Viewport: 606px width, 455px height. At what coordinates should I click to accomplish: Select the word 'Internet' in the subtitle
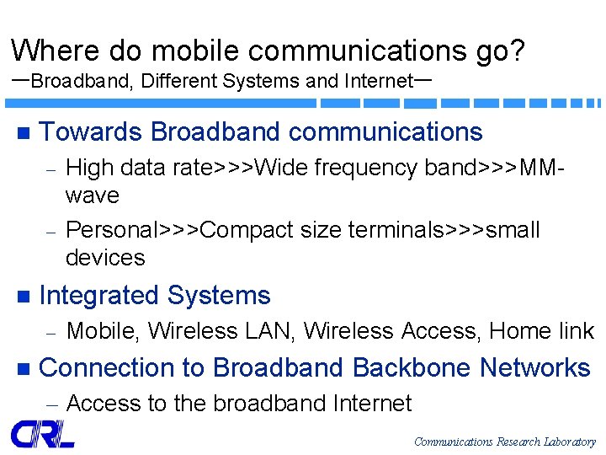(x=378, y=82)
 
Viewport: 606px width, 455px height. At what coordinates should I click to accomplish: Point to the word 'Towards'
(x=91, y=132)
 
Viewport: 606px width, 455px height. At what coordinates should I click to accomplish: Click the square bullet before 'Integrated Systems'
(x=22, y=297)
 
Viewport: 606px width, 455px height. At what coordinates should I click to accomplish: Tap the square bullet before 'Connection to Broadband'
(x=22, y=369)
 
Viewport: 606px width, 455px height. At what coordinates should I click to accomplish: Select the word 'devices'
(x=105, y=258)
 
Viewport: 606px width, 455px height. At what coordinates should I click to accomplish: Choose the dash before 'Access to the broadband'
(x=50, y=405)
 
